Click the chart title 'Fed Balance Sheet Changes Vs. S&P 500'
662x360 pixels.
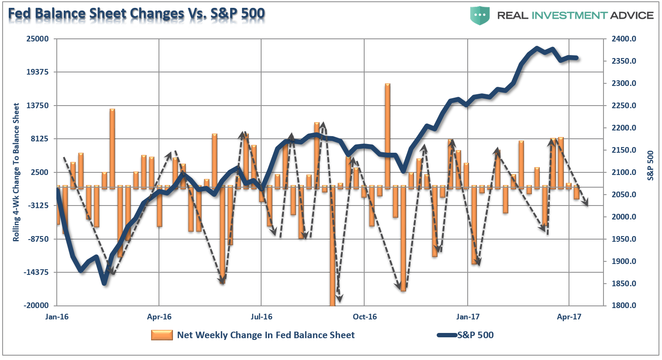click(136, 14)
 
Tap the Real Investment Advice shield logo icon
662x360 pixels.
click(480, 15)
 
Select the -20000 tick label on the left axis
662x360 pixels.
click(36, 305)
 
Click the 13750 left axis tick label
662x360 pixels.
click(38, 106)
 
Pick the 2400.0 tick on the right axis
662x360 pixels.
click(624, 39)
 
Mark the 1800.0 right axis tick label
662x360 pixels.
click(624, 305)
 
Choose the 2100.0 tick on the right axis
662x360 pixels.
click(624, 172)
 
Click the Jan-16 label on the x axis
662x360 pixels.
click(57, 317)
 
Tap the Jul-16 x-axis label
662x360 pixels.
click(261, 317)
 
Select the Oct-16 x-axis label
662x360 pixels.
click(365, 317)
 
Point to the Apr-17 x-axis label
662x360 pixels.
click(569, 317)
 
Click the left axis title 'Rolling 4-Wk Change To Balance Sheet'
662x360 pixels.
click(16, 172)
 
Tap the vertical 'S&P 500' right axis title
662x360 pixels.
click(651, 165)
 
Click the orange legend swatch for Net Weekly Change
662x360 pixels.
click(162, 335)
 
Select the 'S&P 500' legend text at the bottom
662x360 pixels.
click(476, 335)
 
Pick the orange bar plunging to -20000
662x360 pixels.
click(333, 244)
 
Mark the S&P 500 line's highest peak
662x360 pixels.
click(537, 48)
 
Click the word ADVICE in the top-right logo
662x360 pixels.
click(631, 15)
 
